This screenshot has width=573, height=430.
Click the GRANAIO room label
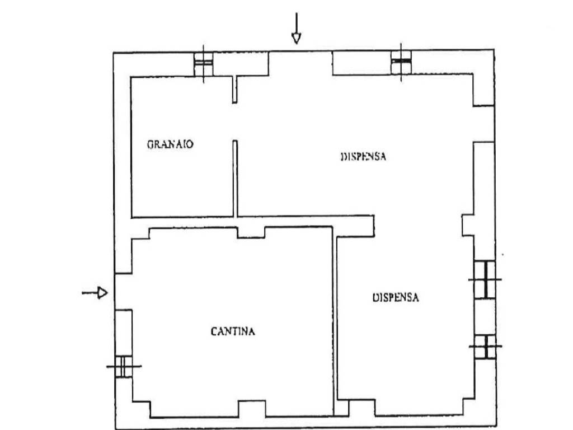[171, 144]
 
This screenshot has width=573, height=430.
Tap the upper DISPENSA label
[364, 157]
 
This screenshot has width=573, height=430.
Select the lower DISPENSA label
[396, 298]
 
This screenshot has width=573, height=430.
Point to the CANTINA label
[233, 331]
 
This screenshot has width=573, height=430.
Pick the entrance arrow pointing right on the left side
[95, 292]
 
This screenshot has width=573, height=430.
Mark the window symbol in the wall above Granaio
[203, 63]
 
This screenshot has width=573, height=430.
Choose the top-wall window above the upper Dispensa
[401, 62]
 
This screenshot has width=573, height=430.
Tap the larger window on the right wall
[485, 279]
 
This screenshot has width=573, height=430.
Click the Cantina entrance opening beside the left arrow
[115, 291]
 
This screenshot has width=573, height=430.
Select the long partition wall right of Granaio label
[236, 178]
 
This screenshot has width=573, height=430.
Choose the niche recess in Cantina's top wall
[251, 231]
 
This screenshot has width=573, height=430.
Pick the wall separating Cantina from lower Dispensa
[335, 319]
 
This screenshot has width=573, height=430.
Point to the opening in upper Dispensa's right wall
[484, 124]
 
